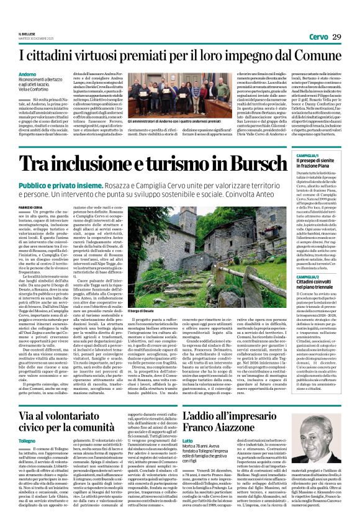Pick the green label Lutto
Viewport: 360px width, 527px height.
click(188, 423)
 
